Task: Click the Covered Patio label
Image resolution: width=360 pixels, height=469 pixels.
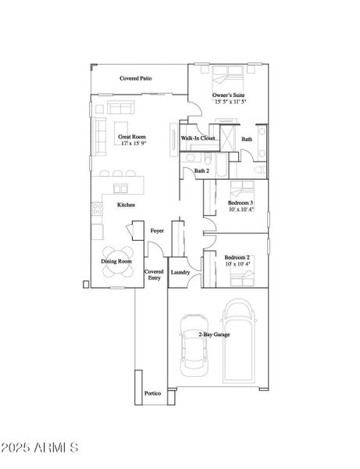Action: point(135,79)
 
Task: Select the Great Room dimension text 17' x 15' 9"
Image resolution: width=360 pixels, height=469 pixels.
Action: point(133,144)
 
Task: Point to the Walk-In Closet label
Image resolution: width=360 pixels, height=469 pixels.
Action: point(198,138)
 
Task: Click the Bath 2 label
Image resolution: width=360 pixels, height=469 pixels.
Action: point(201,170)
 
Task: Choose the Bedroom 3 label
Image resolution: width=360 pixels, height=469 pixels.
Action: point(240,203)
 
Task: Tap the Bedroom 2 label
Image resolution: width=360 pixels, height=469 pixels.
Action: point(237,257)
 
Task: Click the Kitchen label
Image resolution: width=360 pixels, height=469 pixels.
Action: point(127,205)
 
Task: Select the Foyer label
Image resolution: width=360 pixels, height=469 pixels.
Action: point(157,231)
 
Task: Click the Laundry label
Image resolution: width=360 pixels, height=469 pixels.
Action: point(180,272)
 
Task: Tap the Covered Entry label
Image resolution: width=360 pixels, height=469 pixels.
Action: point(154,274)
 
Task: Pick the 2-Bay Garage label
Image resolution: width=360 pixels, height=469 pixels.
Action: point(214,335)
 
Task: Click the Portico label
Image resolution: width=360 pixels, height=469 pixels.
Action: point(152,393)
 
